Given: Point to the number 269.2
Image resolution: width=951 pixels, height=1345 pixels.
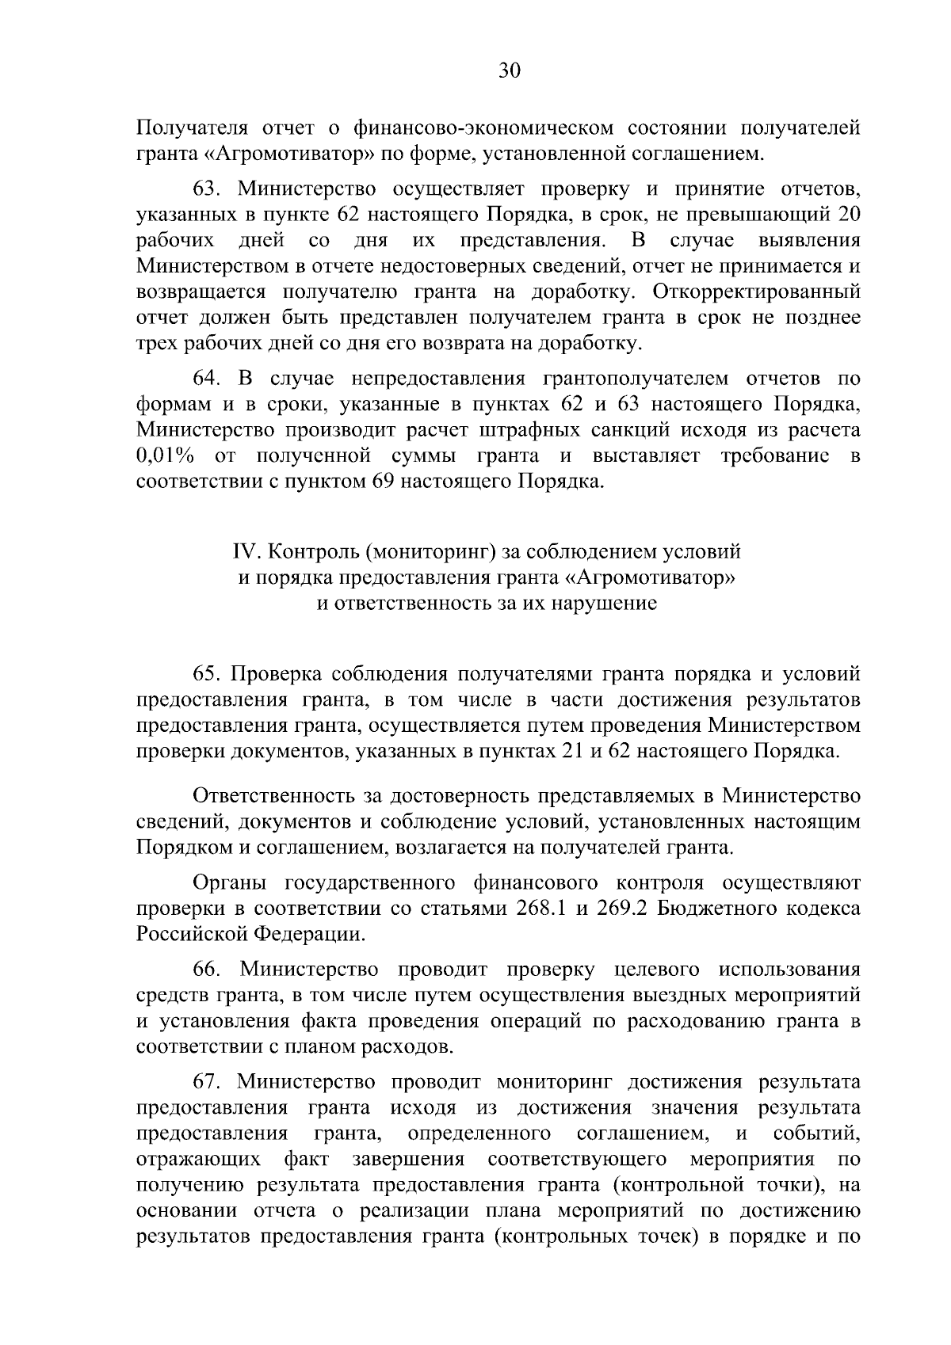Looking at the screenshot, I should pyautogui.click(x=623, y=909).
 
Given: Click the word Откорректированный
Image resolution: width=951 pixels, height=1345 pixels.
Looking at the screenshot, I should pyautogui.click(x=757, y=291).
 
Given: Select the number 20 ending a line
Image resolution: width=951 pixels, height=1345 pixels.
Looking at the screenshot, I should pyautogui.click(x=849, y=215).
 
